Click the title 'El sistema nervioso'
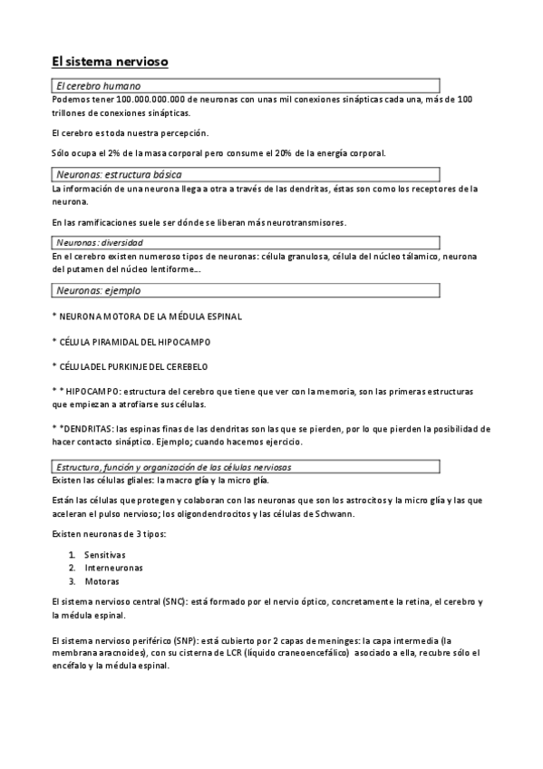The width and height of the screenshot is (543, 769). pos(110,63)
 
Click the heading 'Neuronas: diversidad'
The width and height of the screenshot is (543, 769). pos(100,242)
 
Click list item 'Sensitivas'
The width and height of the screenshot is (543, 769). pos(104,553)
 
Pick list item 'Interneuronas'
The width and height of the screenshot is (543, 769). pos(112,567)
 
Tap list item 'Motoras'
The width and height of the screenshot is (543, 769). pos(101,580)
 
